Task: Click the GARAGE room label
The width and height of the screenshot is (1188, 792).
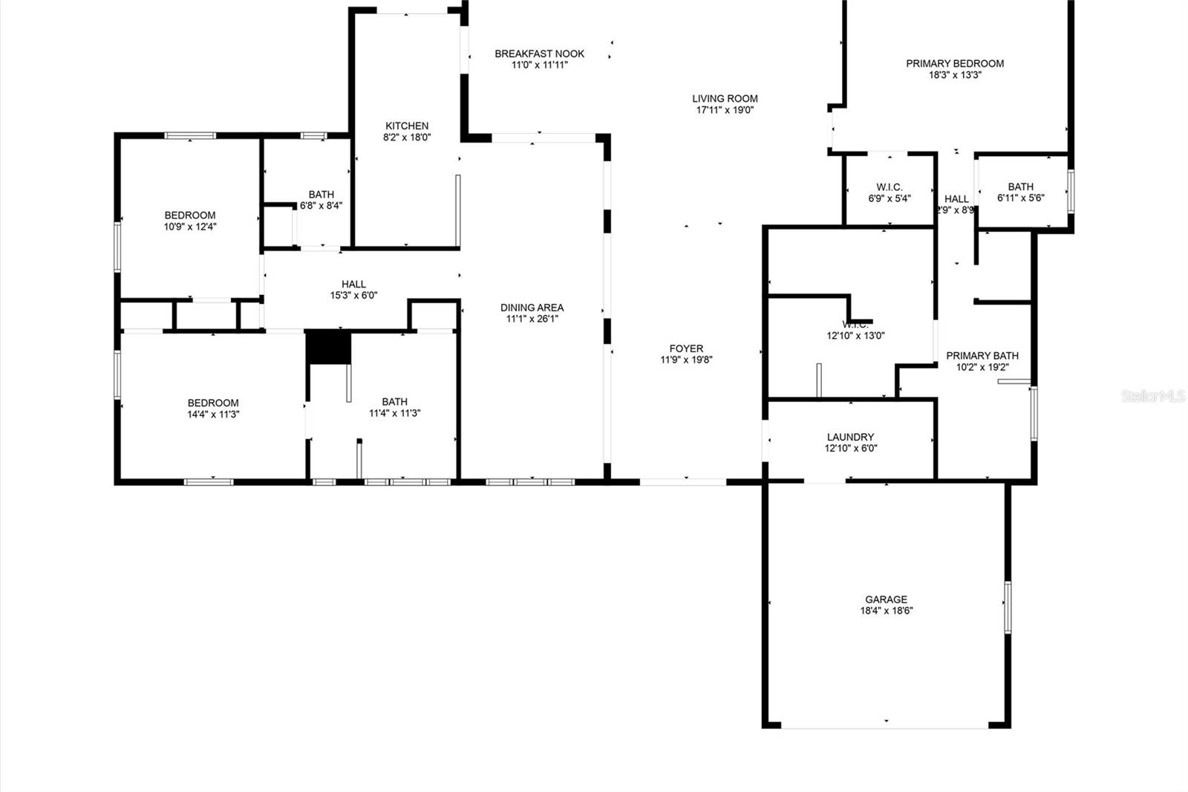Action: [886, 600]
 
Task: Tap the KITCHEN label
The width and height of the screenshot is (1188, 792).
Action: [407, 126]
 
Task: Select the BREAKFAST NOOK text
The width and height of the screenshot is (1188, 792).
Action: [539, 53]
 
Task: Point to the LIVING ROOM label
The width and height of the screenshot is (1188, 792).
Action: [725, 98]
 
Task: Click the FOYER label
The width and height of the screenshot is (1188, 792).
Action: [686, 348]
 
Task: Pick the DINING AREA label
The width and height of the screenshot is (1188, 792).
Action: [532, 307]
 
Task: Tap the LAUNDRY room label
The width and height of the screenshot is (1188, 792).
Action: [850, 437]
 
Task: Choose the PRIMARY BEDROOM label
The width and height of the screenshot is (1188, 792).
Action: [954, 63]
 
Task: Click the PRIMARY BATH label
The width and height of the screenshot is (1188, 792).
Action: [982, 356]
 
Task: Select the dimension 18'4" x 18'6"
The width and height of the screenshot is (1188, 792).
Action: [886, 611]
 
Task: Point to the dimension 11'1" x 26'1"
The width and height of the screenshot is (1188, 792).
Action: [532, 319]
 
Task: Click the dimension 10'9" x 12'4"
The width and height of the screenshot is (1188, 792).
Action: [190, 227]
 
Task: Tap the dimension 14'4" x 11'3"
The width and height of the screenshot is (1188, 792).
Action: [213, 415]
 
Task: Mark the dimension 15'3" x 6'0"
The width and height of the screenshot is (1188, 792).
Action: [353, 295]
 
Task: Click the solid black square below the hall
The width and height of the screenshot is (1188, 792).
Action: [329, 348]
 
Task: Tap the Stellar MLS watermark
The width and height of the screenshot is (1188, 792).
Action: [1152, 397]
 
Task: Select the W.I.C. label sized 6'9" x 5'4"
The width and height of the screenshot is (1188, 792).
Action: [889, 187]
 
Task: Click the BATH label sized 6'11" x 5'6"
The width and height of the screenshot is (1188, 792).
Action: [1020, 186]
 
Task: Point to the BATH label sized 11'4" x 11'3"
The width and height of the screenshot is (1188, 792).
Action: [394, 402]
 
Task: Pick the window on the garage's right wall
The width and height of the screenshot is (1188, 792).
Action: [1008, 606]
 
